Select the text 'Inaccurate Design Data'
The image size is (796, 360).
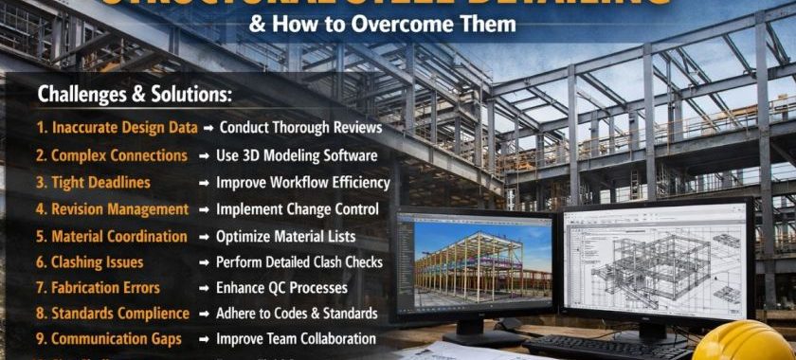tap(124, 127)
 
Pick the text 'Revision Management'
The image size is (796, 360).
tap(119, 208)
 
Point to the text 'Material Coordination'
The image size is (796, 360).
tap(119, 235)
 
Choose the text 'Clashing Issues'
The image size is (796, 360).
tap(98, 261)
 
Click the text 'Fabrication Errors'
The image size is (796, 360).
tap(105, 287)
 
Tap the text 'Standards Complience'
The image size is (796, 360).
tap(119, 313)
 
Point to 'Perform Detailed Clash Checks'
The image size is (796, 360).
tap(299, 261)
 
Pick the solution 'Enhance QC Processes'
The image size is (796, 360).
tap(281, 287)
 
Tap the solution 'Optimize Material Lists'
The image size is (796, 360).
tap(285, 235)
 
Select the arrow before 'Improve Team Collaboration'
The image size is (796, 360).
tap(204, 338)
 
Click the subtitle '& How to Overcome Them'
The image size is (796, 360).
tap(382, 24)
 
